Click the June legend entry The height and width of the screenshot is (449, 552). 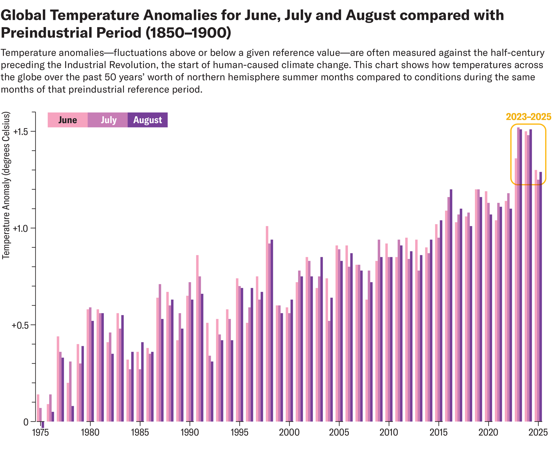pyautogui.click(x=68, y=120)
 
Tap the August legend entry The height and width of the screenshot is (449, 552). pyautogui.click(x=148, y=120)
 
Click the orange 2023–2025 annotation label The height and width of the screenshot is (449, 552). pyautogui.click(x=528, y=117)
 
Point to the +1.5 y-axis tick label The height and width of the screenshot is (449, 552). pyautogui.click(x=20, y=132)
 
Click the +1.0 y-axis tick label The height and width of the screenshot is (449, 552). pyautogui.click(x=20, y=228)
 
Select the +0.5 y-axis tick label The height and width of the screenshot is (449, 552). pyautogui.click(x=20, y=325)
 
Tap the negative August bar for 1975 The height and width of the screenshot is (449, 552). pyautogui.click(x=43, y=425)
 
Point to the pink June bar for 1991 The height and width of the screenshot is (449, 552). pyautogui.click(x=197, y=338)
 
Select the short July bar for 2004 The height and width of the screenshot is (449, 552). pyautogui.click(x=329, y=371)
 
